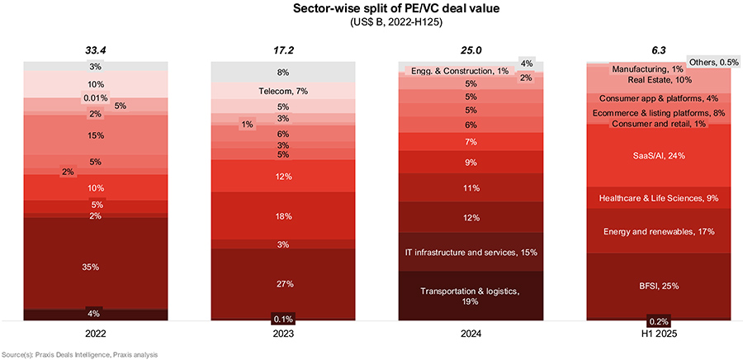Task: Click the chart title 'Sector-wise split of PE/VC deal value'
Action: [x=371, y=9]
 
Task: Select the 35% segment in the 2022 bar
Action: [x=96, y=267]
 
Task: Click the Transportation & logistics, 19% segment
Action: [x=471, y=296]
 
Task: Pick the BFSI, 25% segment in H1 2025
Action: [x=658, y=285]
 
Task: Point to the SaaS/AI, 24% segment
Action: [x=658, y=155]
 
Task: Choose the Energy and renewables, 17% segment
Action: [x=658, y=231]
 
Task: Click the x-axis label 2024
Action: [x=471, y=335]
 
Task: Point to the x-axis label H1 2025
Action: [x=658, y=335]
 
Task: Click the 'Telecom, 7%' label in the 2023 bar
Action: [x=283, y=91]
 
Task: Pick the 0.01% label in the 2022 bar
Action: [x=96, y=98]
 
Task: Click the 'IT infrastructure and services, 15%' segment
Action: [x=471, y=251]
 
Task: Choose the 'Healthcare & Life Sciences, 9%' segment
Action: [x=658, y=197]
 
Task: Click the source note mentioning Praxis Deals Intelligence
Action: [x=79, y=354]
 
